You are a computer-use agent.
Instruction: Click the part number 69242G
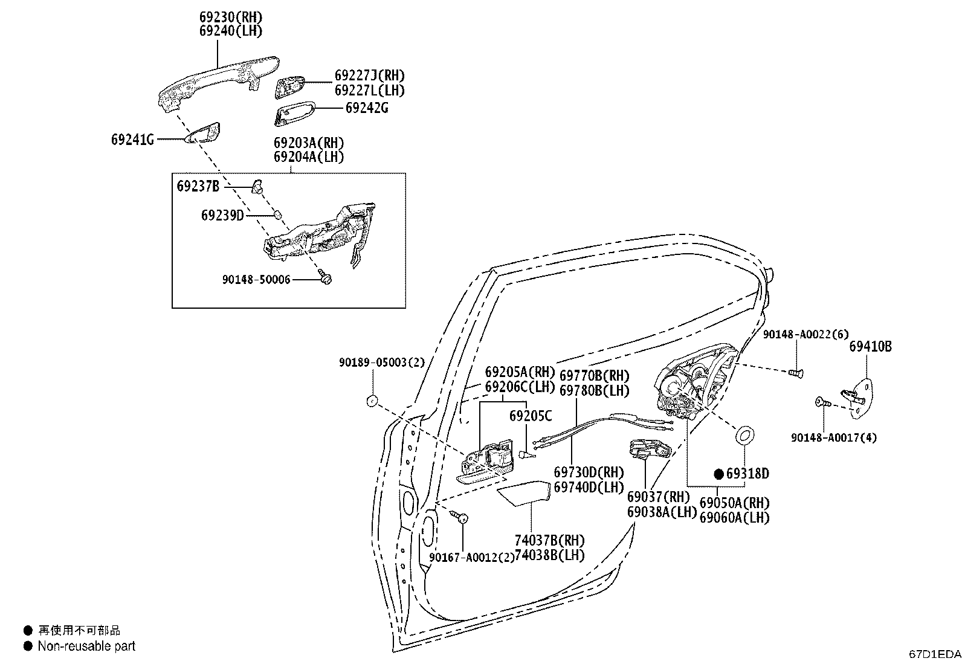pos(367,108)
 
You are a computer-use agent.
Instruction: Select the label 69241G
pos(132,140)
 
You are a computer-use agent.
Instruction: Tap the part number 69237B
pos(198,185)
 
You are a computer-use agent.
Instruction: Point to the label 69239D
pos(222,214)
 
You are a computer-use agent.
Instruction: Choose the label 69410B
pos(870,346)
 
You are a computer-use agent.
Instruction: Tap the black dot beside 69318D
pos(719,474)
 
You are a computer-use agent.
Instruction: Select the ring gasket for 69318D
pos(744,435)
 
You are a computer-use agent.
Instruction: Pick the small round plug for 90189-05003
pos(372,399)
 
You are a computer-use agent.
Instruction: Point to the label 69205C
pos(530,416)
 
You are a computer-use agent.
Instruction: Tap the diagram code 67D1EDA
pos(934,654)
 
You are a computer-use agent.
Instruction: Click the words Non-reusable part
pos(86,646)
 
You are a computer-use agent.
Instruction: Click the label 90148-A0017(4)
pos(834,437)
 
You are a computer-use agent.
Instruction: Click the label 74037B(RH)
pos(549,540)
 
